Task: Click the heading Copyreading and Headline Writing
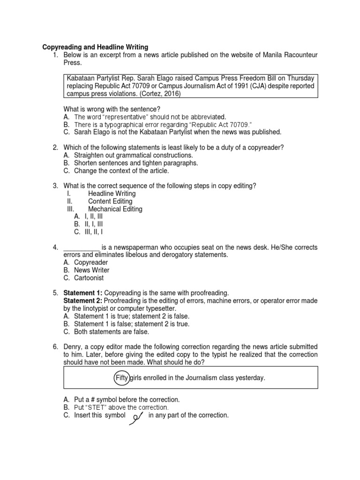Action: tap(95, 47)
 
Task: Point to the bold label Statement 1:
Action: tap(82, 293)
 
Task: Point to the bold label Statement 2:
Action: tap(82, 301)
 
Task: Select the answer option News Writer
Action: tap(92, 270)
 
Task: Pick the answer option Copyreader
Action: tap(91, 262)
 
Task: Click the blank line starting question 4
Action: tap(81, 247)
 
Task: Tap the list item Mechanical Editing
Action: tap(115, 209)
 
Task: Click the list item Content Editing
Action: tap(110, 202)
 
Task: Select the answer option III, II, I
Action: tap(94, 232)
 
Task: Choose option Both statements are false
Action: tap(112, 332)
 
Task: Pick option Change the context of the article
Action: tap(121, 171)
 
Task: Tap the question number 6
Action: tap(55, 347)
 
